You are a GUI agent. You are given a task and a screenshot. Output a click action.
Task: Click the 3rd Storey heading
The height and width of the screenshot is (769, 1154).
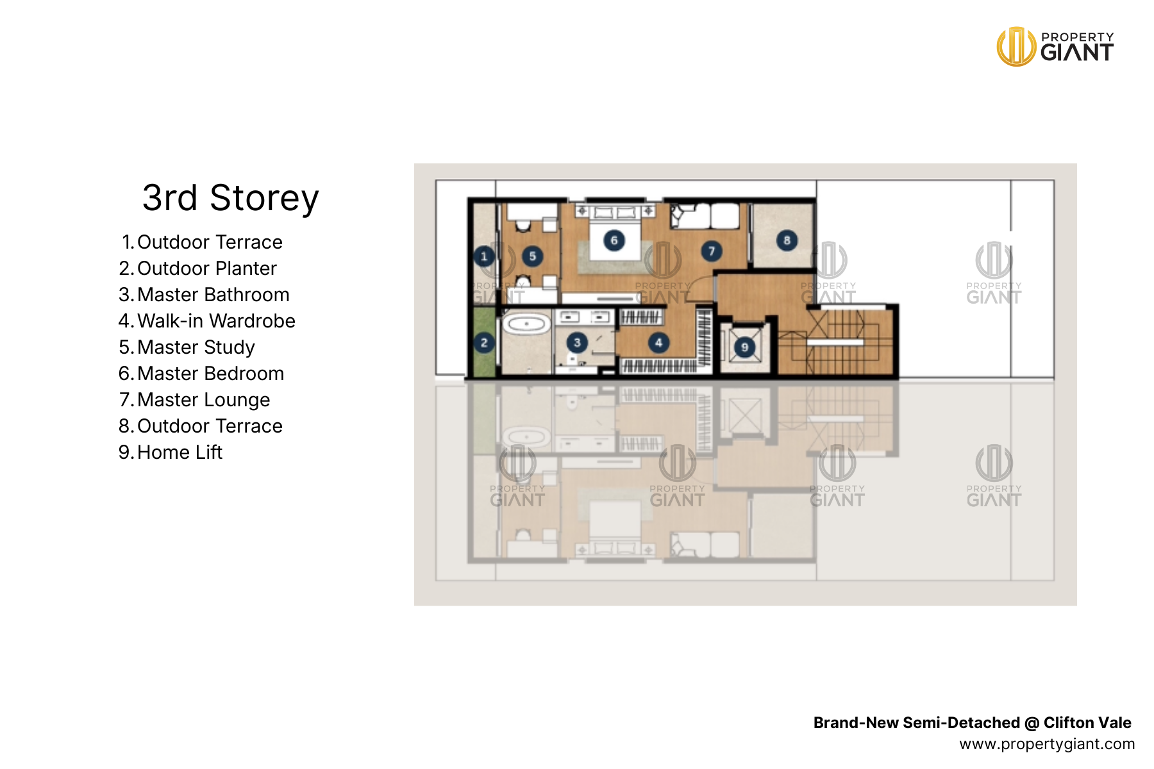coord(230,197)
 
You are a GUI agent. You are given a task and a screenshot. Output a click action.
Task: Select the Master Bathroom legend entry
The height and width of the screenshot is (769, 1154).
coord(204,295)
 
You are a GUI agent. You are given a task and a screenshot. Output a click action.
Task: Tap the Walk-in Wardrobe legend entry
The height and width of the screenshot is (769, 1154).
coord(206,321)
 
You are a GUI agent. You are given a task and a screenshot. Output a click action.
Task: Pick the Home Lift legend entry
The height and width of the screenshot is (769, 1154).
coord(170,452)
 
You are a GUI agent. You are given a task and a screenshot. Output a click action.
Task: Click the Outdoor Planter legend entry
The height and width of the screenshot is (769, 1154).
coord(197,269)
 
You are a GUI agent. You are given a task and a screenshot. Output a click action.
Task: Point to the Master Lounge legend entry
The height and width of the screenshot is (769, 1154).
coord(194,400)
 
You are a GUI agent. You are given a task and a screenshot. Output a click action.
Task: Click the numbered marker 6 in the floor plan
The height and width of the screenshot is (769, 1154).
coord(614,240)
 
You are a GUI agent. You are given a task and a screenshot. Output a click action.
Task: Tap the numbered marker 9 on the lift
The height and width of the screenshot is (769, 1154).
coord(744,347)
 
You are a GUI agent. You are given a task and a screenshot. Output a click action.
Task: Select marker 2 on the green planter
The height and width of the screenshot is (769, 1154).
coord(484,343)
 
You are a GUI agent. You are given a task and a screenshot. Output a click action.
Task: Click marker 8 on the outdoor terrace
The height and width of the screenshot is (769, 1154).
coord(787,240)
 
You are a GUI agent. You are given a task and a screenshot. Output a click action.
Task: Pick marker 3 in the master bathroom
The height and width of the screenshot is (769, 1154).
coord(577,342)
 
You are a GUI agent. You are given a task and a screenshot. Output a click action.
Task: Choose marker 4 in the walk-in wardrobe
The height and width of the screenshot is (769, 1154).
coord(658,342)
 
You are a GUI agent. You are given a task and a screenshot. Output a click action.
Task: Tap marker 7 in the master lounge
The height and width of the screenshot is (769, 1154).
coord(711,251)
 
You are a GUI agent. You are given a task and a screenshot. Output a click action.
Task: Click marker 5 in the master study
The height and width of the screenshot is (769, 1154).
coord(532,256)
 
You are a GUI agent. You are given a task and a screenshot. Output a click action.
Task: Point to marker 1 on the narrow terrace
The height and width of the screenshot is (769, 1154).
coord(484,257)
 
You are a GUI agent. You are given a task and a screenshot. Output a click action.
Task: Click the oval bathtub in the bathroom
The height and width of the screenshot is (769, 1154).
coord(526,324)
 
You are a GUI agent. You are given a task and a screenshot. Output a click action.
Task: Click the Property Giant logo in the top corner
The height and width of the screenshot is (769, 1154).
coord(1055,47)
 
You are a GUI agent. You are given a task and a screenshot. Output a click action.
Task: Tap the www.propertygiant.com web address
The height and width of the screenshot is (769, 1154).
coord(1047,744)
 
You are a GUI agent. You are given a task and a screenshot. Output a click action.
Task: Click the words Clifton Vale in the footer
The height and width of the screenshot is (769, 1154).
coord(1087,723)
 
